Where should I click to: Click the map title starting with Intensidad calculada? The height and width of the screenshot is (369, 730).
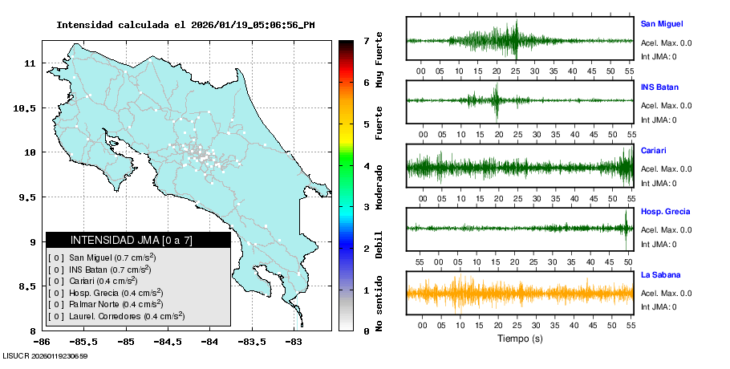click(185, 25)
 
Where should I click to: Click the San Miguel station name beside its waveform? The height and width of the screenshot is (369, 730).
click(662, 24)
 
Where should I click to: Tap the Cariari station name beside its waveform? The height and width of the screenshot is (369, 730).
click(654, 150)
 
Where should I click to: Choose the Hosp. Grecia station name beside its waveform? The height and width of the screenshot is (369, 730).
click(666, 212)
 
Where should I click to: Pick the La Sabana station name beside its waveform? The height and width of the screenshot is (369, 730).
click(660, 274)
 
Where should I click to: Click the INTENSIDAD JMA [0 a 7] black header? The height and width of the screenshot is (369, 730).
click(138, 240)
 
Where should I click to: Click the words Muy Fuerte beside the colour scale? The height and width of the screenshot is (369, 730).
click(379, 63)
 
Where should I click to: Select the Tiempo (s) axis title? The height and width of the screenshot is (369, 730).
click(520, 339)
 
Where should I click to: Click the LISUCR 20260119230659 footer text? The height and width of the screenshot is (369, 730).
click(46, 355)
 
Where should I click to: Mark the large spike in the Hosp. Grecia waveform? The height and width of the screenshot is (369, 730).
click(626, 228)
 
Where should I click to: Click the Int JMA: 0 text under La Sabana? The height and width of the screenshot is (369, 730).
click(659, 306)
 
